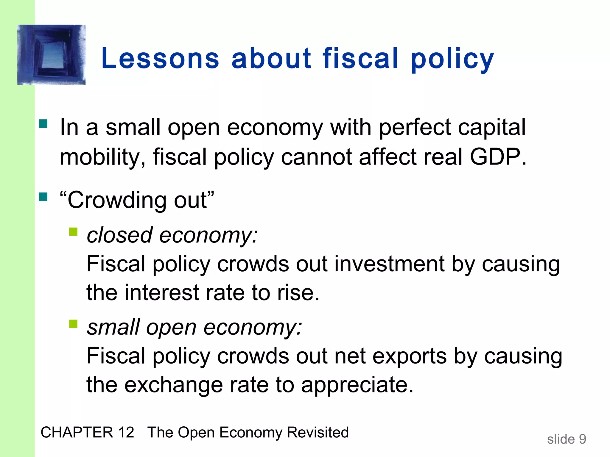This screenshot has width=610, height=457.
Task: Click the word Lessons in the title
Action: (160, 59)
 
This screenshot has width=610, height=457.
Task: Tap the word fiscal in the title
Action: (360, 59)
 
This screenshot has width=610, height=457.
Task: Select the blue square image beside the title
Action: (52, 55)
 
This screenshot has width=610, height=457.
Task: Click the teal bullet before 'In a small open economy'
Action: (43, 123)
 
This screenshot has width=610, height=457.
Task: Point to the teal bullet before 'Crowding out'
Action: (43, 197)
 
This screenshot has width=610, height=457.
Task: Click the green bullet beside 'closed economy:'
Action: (73, 231)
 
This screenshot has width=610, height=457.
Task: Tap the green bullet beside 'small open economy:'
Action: (73, 323)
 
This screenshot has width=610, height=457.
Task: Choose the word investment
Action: (390, 264)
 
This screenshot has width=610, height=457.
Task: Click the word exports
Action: (410, 356)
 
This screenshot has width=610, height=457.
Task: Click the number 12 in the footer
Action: (126, 432)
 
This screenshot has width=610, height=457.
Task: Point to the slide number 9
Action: (582, 439)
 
